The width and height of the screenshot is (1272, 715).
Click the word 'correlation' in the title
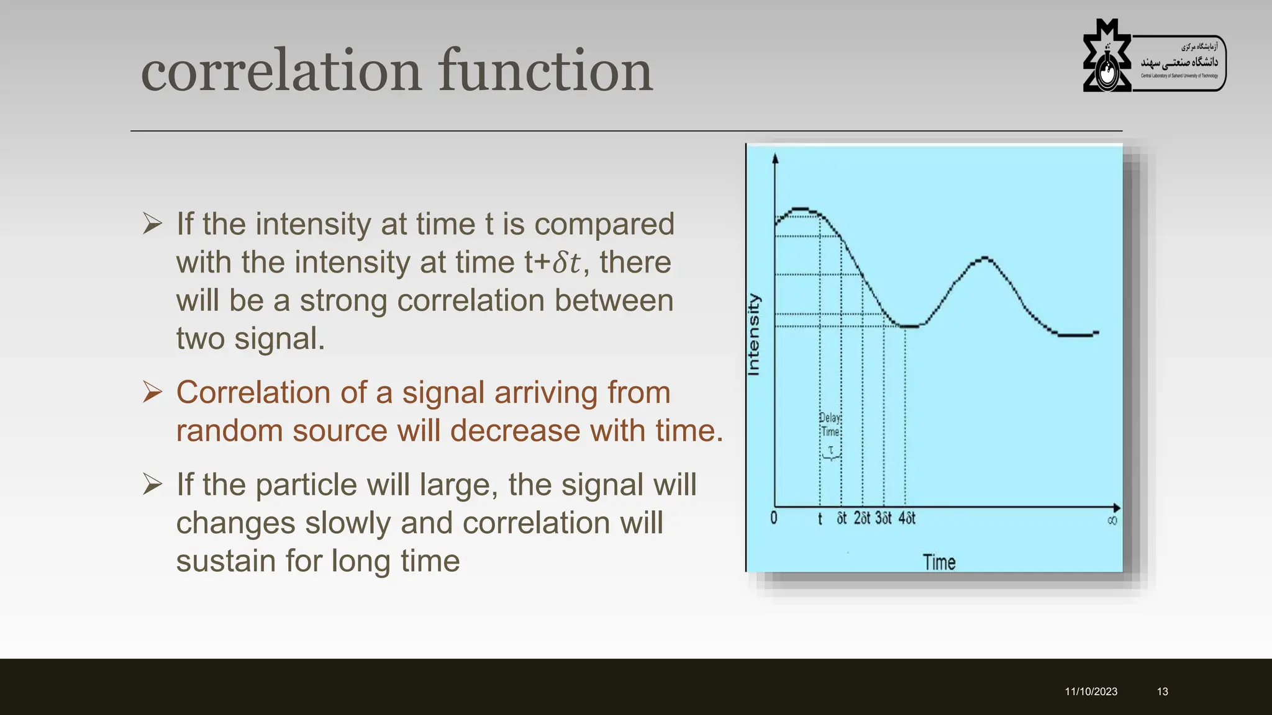[x=281, y=71]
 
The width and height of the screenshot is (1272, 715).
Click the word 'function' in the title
[x=545, y=71]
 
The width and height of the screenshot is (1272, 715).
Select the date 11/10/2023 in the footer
[x=1091, y=691]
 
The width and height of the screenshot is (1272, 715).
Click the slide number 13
[x=1162, y=691]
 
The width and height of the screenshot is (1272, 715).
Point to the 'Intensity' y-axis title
[x=753, y=335]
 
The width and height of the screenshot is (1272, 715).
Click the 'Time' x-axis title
[x=938, y=562]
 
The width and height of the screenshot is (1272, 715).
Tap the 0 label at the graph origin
[x=773, y=518]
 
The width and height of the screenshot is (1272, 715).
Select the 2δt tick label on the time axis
[x=862, y=518]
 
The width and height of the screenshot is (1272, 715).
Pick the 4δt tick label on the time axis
[x=907, y=518]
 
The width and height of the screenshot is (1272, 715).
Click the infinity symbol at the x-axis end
[x=1112, y=520]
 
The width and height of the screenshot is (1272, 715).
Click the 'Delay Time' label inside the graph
[x=830, y=425]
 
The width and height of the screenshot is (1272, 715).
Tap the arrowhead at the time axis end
[x=1116, y=508]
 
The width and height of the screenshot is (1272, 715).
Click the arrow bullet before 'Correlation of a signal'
[x=152, y=392]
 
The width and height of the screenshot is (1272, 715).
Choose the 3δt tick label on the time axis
[x=883, y=518]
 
